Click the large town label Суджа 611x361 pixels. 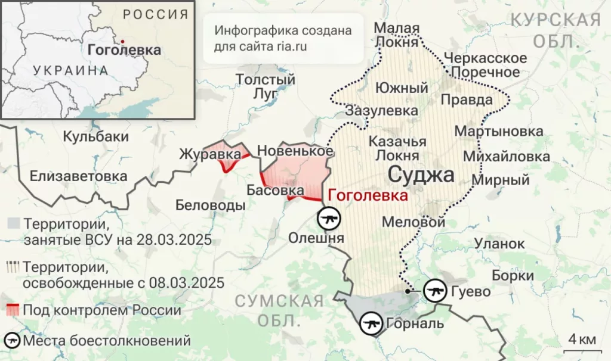421,175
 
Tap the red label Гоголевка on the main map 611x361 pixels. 368,195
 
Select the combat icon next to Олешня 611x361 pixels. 328,219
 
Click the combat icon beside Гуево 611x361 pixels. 434,291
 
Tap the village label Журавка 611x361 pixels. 210,155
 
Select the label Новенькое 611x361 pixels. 294,151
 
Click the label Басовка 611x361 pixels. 275,190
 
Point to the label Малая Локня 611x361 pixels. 397,36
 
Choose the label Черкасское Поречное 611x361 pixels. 485,66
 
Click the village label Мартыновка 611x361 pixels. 499,131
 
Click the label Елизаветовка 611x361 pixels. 78,176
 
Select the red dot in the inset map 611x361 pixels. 122,41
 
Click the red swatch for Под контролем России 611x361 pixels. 12,310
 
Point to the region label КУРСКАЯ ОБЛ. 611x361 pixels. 556,30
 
